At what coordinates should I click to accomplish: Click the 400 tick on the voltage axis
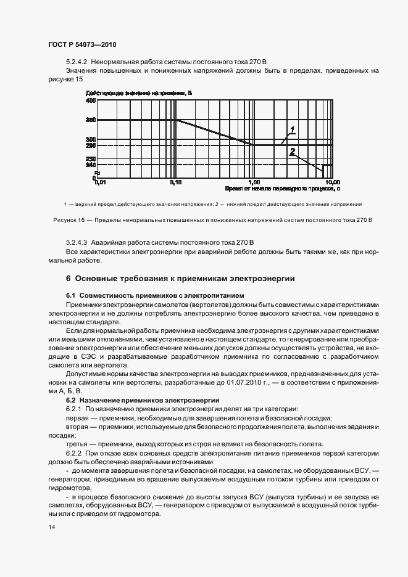tap(91, 100)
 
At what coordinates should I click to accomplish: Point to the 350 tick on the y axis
tap(91, 120)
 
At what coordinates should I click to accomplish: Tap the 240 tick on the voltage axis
tap(91, 165)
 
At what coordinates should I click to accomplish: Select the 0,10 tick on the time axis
tap(176, 182)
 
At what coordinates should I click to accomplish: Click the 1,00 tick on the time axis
tap(254, 182)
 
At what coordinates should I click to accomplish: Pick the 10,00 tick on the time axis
tap(332, 182)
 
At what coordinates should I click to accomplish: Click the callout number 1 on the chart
tap(293, 129)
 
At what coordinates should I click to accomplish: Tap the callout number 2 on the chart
tap(292, 150)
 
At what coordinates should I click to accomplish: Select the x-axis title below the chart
tap(283, 189)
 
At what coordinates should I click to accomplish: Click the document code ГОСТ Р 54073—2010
tap(82, 45)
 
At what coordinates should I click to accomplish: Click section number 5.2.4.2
tap(77, 63)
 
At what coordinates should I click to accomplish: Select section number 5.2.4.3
tap(77, 243)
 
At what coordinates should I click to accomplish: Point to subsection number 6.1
tap(70, 296)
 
